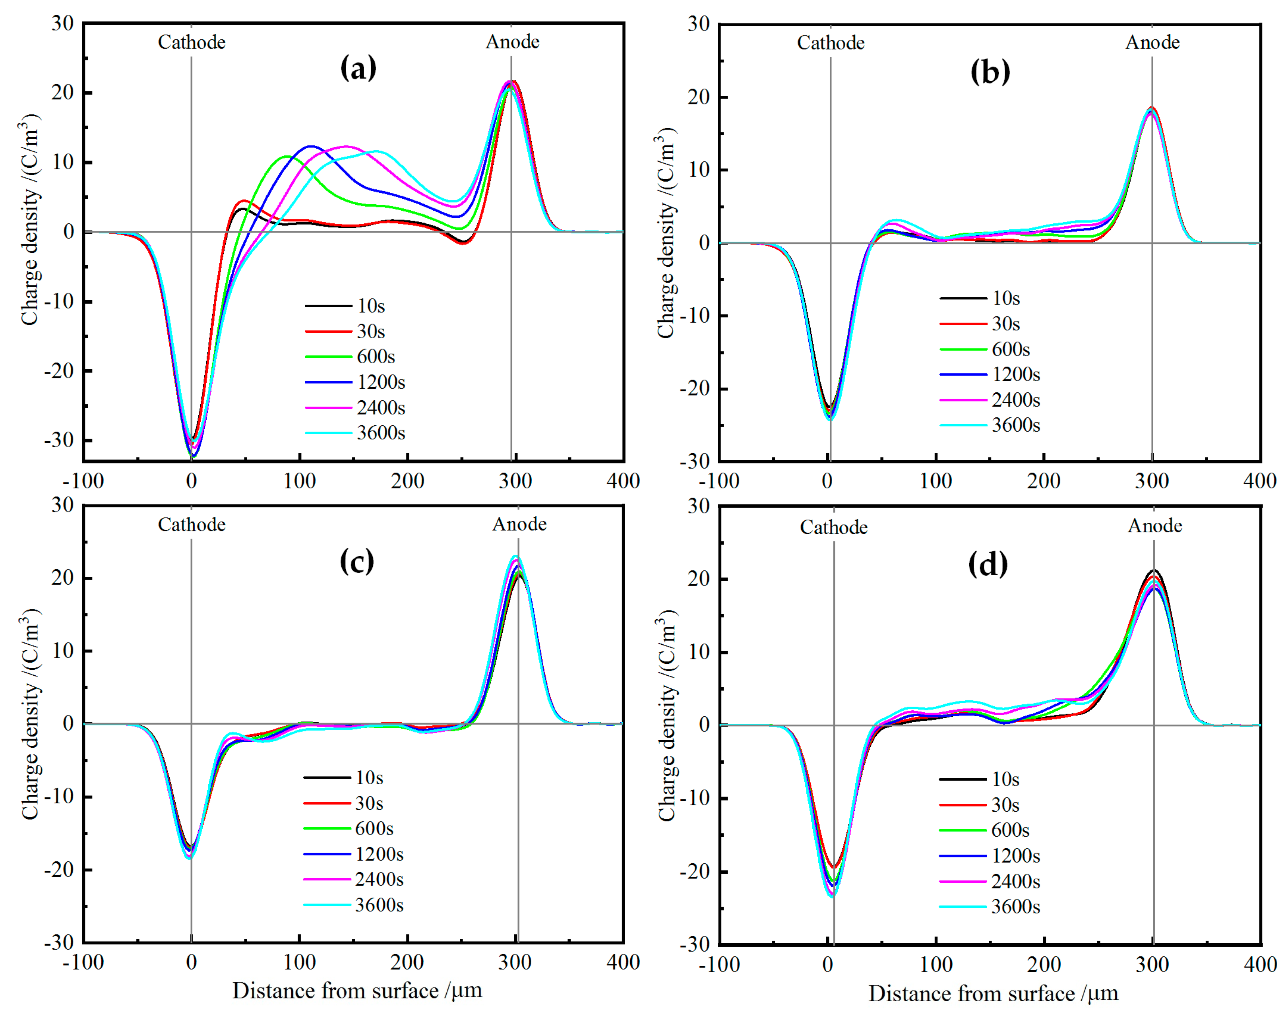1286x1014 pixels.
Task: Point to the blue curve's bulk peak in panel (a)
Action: click(311, 145)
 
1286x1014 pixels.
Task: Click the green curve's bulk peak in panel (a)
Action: click(287, 156)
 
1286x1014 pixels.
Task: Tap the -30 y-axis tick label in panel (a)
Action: click(59, 440)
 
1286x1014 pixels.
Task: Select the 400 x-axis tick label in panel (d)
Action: click(1259, 964)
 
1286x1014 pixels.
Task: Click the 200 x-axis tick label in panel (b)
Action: click(1043, 481)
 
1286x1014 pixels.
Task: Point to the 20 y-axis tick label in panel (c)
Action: click(62, 577)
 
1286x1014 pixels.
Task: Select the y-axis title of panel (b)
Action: click(666, 233)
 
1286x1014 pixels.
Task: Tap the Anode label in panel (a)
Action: click(512, 42)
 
